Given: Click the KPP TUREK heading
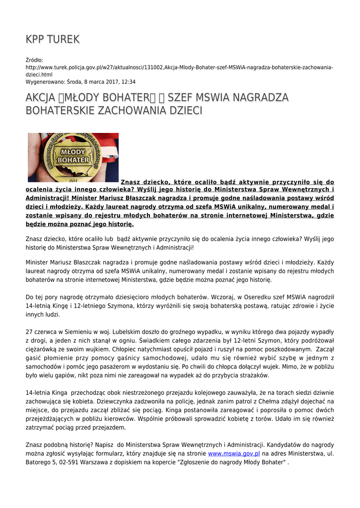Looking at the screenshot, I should pos(53,39).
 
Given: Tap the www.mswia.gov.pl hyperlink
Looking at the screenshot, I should pos(234,453).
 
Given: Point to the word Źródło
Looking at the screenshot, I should pos(34,60).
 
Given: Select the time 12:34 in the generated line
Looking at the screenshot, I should pos(128,82).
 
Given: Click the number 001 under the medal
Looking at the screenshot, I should pos(73,181).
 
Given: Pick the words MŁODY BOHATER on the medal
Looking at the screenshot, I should pos(73,155).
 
